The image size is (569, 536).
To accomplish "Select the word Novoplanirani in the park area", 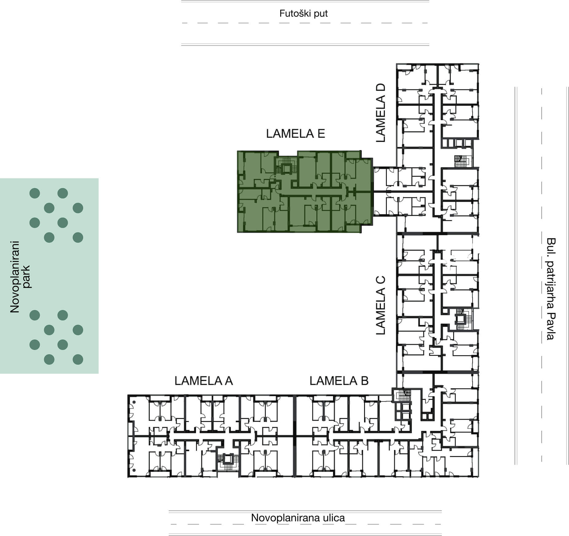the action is [15, 277].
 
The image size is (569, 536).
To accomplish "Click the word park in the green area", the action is [27, 277].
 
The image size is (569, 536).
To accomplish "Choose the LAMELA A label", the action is [204, 381].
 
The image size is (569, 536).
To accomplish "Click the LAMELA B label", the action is [339, 381].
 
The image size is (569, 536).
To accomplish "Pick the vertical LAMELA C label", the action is [381, 305].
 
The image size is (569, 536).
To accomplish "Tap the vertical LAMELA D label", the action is [381, 113].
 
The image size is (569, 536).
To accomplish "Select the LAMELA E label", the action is [296, 134].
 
